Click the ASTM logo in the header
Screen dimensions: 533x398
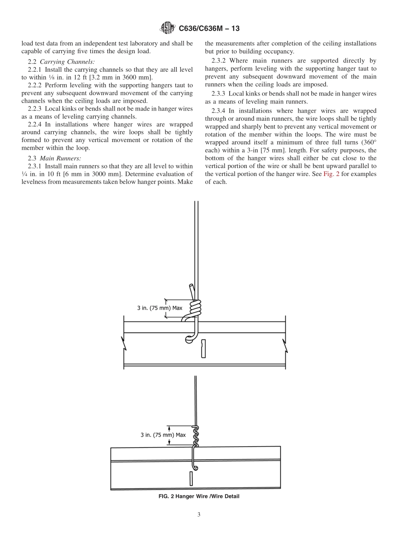[x=168, y=28]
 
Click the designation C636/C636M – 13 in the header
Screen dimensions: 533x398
[x=209, y=29]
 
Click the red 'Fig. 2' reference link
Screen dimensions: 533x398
[x=331, y=174]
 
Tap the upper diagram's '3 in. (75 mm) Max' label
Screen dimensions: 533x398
[x=160, y=308]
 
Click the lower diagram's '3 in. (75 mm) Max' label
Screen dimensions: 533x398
[x=163, y=435]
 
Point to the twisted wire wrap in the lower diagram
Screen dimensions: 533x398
[x=195, y=436]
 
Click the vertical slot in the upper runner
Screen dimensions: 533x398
[x=203, y=348]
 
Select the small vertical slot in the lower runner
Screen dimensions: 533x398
[x=191, y=479]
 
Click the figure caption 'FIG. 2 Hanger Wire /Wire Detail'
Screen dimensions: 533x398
[x=199, y=497]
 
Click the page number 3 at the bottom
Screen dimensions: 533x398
[x=199, y=515]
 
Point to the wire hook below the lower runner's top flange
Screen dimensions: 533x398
[x=194, y=463]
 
